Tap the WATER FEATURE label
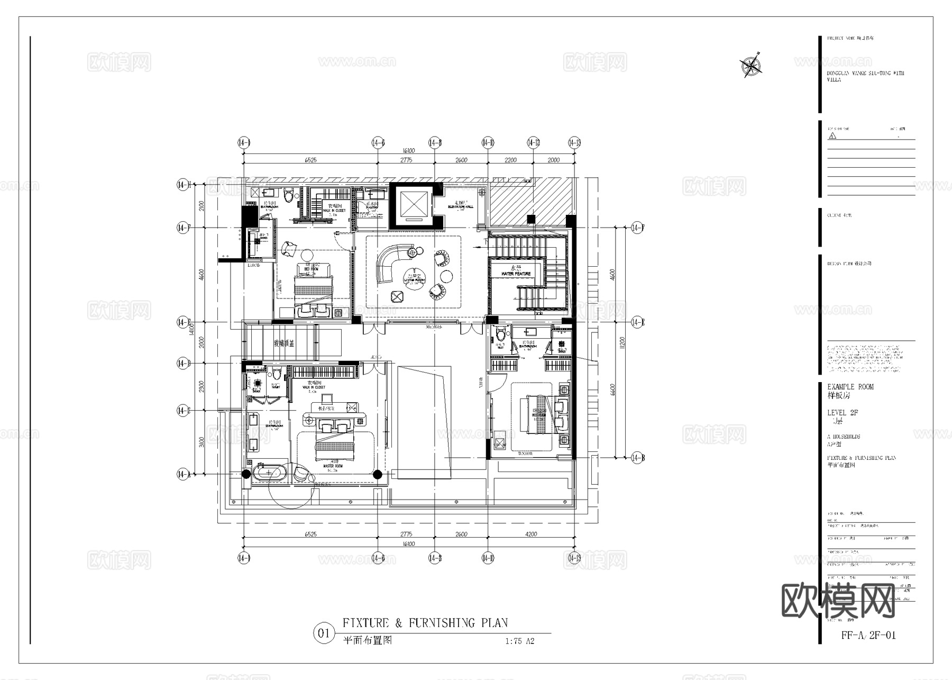pos(516,273)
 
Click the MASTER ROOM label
pos(333,466)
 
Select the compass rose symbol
pos(750,66)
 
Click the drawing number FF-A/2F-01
pos(868,635)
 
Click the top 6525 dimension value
pos(310,160)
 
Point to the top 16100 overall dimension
pos(408,151)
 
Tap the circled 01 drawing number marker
pos(324,633)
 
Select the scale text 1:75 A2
pos(519,641)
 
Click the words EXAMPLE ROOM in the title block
pos(850,387)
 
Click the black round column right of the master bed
pos(378,474)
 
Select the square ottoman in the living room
pos(398,297)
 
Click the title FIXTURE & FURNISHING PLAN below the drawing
pos(425,623)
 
